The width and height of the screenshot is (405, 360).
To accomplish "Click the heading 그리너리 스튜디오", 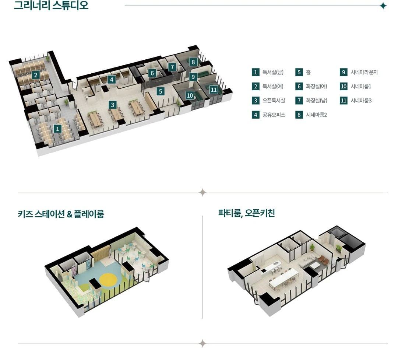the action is coord(51,5).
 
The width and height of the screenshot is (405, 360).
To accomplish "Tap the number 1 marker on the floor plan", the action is coord(57,129).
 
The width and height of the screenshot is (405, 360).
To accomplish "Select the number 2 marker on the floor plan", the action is coord(36,75).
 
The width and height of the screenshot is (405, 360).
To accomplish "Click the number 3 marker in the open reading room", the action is coord(112,105).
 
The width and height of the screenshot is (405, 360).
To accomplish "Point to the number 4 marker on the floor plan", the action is coord(112,80).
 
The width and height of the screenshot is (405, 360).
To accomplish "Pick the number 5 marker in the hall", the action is coord(161,91).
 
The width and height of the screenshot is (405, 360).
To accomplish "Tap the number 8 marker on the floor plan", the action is coord(193,62).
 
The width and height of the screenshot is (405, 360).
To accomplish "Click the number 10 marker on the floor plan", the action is coord(190,96).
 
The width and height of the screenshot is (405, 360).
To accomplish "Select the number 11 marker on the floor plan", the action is coord(214,90).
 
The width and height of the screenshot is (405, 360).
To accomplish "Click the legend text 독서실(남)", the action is coord(273,72).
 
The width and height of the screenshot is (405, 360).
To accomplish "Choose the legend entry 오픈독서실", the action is coord(274,101).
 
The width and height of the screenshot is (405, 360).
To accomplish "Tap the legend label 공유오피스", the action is coord(274,115).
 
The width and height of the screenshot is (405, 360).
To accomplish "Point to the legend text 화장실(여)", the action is coord(317,86).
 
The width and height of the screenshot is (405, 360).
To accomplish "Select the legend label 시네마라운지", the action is coord(364,72).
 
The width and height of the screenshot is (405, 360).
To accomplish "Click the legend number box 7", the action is coord(299,101).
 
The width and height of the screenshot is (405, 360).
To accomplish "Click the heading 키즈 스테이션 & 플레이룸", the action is coord(61,214).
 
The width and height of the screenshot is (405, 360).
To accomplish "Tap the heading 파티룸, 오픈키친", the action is coord(246,213).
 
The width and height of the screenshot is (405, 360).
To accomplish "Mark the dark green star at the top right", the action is coord(383,6).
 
